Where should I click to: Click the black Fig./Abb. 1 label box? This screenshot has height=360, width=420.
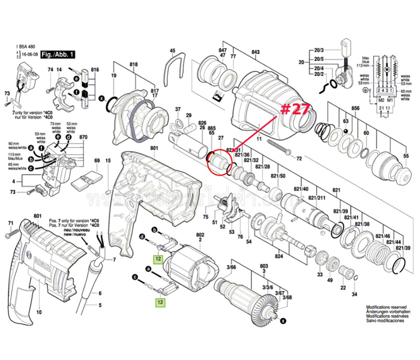coord(57,53)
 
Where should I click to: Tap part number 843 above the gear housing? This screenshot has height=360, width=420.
coord(256,52)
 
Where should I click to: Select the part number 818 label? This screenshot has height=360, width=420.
coord(133,64)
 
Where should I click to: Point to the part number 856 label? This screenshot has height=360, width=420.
coord(355,109)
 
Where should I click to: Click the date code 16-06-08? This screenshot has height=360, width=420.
coord(28,53)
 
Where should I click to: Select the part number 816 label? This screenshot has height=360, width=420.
coord(94,71)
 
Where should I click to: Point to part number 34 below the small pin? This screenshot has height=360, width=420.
coord(355,294)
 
